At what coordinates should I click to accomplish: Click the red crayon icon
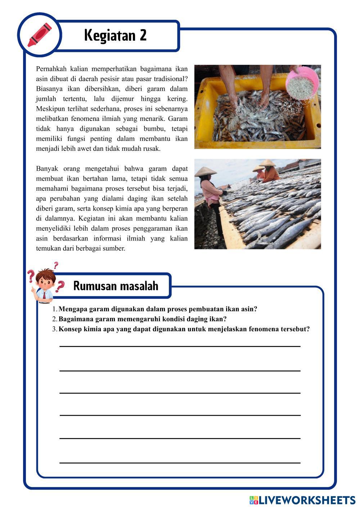pos(39,35)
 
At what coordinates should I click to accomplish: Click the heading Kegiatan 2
pos(115,35)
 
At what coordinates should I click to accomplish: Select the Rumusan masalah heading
pos(116,286)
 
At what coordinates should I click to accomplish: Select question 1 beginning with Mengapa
pos(158,309)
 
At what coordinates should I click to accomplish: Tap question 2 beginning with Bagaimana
pos(142,319)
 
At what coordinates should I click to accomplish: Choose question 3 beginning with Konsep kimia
pos(184,329)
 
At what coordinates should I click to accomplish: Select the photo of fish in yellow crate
pos(257,107)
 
